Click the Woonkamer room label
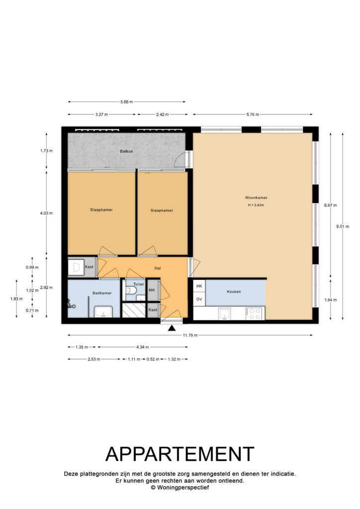coord(256,197)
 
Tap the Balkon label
coord(126,151)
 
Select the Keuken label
coord(234,291)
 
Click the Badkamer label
coord(102,293)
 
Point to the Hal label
coord(158,268)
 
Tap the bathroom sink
coord(103,312)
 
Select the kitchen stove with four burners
coord(254,314)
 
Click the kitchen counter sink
coord(225,314)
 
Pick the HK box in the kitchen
coord(199,286)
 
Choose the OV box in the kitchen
coord(199,299)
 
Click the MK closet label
coord(152,290)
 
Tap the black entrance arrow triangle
coord(172,328)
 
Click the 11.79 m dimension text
coord(190,335)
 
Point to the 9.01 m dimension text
coord(343,226)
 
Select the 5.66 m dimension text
coord(127,102)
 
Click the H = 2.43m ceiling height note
coord(256,205)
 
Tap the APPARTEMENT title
coord(180,454)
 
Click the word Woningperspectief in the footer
coord(183,487)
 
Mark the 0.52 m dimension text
coord(153,359)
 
